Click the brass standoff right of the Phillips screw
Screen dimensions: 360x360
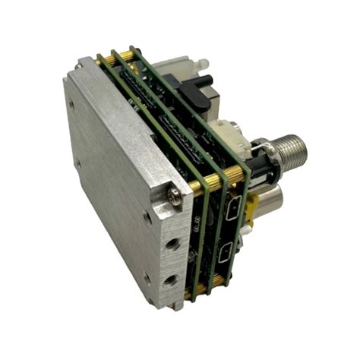point(202,185)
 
